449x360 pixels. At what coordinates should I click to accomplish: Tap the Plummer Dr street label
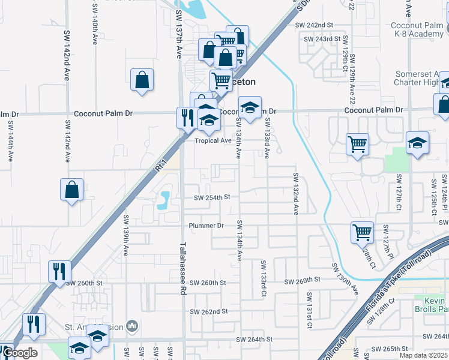click(x=206, y=226)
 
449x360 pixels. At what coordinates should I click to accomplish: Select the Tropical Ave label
click(x=212, y=140)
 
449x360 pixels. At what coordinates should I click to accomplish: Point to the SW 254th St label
click(x=212, y=197)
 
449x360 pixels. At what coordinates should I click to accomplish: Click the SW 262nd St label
click(x=209, y=311)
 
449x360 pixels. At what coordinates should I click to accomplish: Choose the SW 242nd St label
click(x=314, y=25)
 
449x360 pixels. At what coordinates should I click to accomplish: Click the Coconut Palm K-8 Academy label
click(x=417, y=30)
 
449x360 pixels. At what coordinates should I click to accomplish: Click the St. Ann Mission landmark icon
click(x=133, y=326)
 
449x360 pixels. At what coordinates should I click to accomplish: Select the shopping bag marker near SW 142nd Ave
click(x=71, y=189)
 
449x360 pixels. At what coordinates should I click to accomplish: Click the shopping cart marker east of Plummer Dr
click(x=362, y=232)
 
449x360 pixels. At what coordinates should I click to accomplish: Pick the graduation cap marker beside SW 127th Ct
click(x=417, y=143)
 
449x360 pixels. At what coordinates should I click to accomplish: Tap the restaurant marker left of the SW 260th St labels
click(x=59, y=271)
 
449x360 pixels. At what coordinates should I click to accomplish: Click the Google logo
click(x=20, y=353)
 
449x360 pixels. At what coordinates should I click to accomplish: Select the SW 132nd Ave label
click(x=296, y=193)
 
